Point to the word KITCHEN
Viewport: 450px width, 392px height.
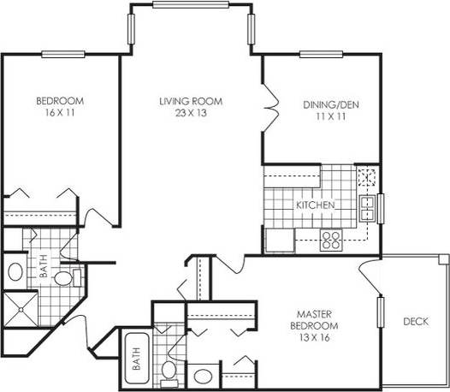(315, 206)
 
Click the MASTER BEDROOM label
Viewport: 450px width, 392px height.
(317, 320)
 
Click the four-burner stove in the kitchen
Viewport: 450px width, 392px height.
(331, 240)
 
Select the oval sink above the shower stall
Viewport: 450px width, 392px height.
(15, 273)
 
